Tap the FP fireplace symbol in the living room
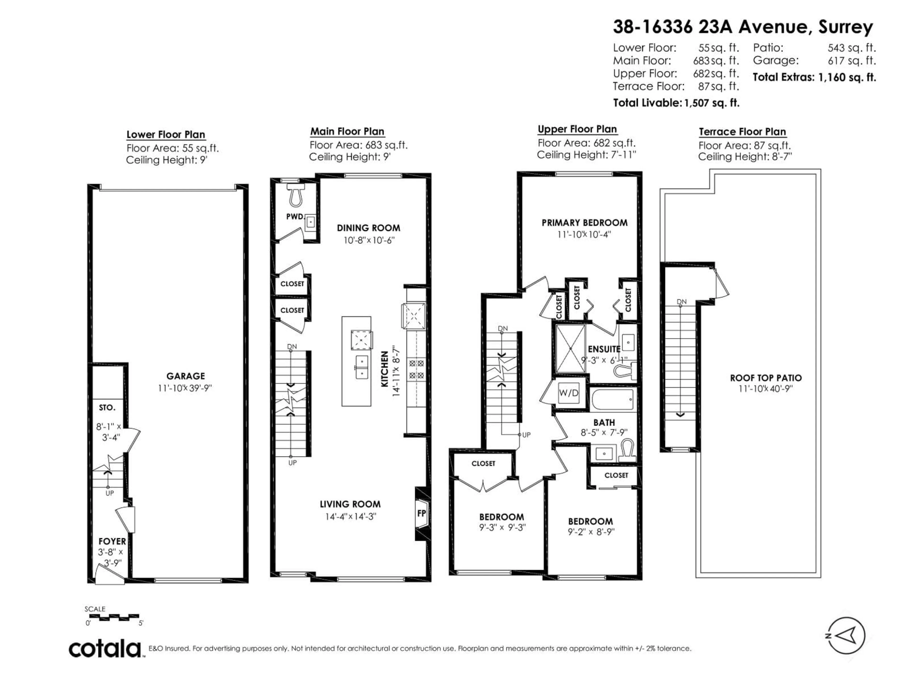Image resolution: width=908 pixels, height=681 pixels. coord(422,514)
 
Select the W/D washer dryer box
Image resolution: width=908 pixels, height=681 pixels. coord(568,393)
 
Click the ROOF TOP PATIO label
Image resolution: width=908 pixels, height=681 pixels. coord(766,378)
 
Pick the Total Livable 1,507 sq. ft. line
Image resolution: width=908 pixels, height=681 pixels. coord(676,103)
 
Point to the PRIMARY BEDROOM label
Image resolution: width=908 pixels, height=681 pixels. coord(584,223)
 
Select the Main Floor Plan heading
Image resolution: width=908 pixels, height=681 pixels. coord(347,132)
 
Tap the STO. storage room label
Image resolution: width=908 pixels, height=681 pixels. coord(107,408)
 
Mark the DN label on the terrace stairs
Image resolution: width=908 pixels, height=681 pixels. coord(681,302)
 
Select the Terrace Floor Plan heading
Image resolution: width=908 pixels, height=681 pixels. coord(742,132)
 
